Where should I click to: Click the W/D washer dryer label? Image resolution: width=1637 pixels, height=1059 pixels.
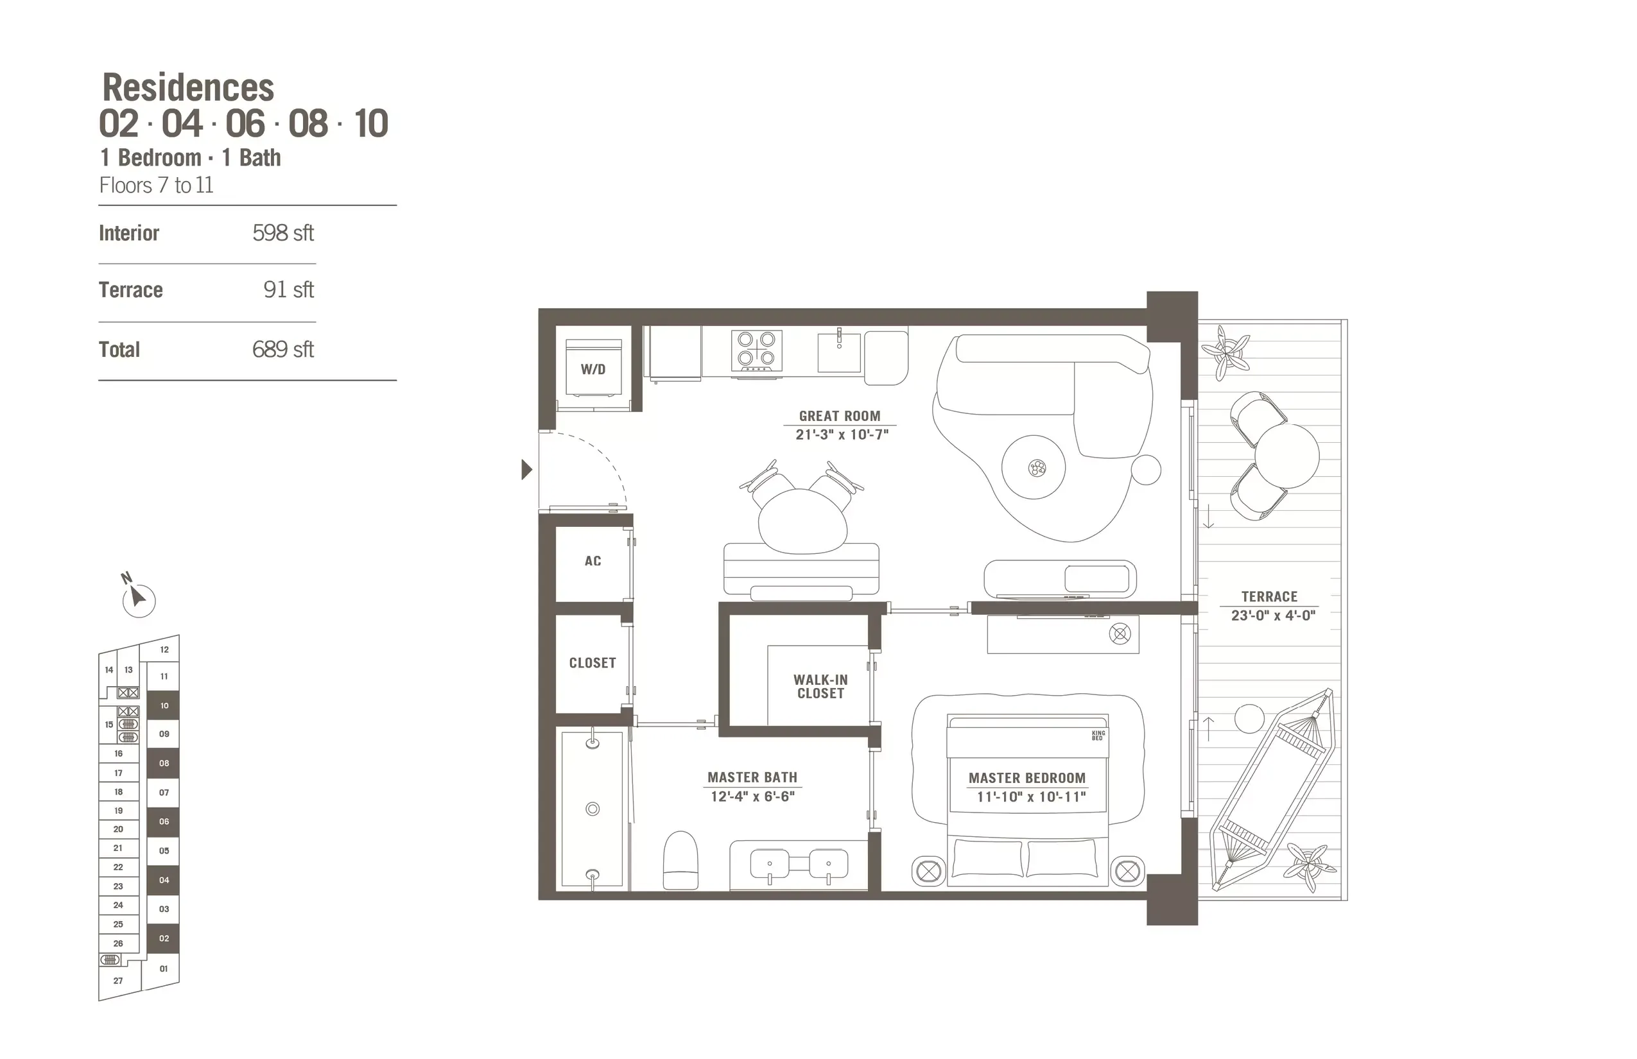coord(593,369)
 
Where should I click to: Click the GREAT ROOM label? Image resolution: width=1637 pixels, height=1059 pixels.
coord(839,416)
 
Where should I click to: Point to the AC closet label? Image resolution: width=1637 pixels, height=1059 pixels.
coord(593,561)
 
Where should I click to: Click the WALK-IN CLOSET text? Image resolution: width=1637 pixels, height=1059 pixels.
coord(820,686)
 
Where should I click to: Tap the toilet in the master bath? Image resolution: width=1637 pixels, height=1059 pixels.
coord(680,860)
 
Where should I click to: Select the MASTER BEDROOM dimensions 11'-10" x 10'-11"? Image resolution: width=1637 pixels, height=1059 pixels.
coord(1030,797)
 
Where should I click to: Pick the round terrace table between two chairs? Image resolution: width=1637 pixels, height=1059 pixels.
coord(1286,456)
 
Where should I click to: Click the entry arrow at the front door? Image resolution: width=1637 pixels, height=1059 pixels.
coord(526,470)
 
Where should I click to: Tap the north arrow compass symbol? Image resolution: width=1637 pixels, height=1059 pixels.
coord(137,598)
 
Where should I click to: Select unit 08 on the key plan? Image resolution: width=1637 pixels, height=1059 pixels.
coord(164,763)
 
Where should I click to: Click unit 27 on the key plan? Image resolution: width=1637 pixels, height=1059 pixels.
coord(118,981)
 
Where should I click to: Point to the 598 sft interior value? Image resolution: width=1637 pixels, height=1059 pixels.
coord(282,233)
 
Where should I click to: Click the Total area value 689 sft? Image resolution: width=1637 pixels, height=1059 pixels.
coord(282,349)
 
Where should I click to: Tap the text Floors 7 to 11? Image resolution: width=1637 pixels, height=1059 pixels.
coord(156,185)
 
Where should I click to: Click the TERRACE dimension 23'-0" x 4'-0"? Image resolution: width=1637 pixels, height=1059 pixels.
coord(1272,616)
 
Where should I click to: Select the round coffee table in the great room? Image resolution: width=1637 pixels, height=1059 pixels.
coord(1033,468)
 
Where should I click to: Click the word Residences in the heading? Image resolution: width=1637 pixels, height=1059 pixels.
coord(187,88)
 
